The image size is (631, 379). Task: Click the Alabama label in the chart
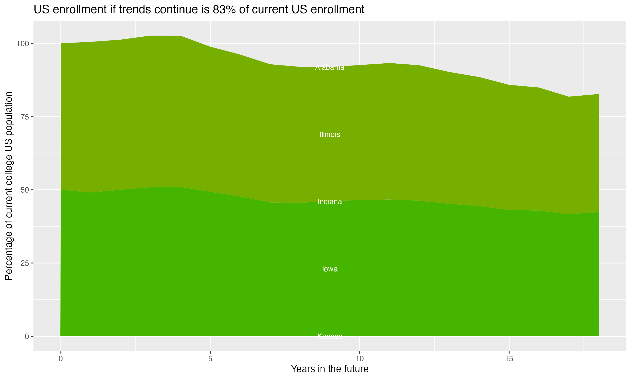[330, 67]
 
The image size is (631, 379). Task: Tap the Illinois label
[330, 134]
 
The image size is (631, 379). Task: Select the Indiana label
[330, 202]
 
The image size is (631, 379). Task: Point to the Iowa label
[330, 269]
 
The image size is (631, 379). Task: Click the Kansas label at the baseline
[330, 336]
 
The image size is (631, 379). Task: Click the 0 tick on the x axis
[61, 359]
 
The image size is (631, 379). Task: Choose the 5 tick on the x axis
[210, 359]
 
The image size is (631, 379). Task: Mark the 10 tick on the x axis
[359, 359]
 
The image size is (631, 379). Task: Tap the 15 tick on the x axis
[509, 359]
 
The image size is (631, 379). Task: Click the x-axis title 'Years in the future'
[330, 369]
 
